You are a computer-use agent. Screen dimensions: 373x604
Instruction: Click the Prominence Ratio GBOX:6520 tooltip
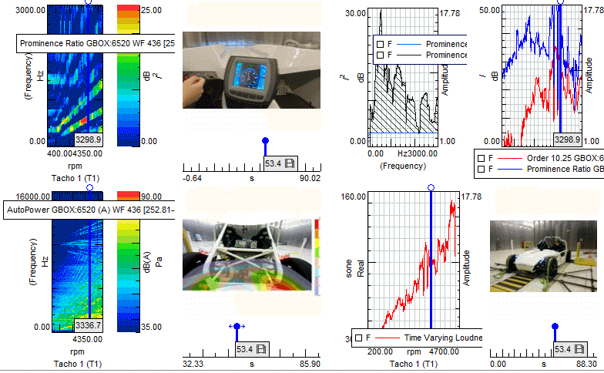click(x=96, y=43)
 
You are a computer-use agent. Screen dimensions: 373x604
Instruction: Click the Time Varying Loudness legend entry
click(x=423, y=338)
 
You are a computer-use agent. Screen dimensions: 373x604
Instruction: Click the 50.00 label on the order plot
click(x=490, y=10)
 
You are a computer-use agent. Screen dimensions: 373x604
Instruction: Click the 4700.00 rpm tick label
click(x=444, y=351)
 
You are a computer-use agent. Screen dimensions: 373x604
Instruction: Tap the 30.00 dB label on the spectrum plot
click(x=355, y=13)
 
